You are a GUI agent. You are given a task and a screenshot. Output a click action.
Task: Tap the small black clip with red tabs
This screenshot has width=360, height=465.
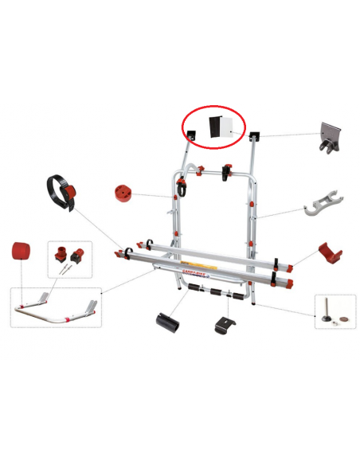coord(225,325)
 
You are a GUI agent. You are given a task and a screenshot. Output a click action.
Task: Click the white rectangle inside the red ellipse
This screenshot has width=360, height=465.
coord(227,127)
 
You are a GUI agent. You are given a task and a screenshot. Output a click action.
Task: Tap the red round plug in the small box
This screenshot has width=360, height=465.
coord(59,255)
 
